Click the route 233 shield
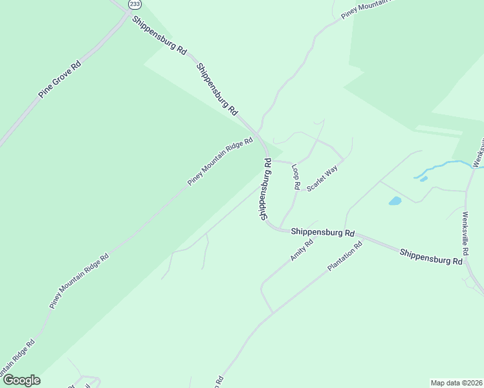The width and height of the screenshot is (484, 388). (x=135, y=4)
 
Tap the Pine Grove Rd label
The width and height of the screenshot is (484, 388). (x=59, y=79)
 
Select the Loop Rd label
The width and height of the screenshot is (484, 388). (x=296, y=177)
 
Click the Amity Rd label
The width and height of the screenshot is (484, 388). (x=302, y=250)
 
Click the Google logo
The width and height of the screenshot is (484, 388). (x=21, y=380)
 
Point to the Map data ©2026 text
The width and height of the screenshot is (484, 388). (x=457, y=383)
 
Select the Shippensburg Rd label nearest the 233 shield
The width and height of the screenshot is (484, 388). (x=159, y=34)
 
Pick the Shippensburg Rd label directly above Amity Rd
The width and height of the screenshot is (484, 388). (x=323, y=232)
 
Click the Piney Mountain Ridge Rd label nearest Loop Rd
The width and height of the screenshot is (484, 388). (x=220, y=163)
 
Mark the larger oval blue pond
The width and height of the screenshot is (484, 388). (x=395, y=201)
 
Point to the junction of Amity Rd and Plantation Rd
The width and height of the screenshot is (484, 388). (x=272, y=312)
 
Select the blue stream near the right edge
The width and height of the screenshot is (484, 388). (x=446, y=166)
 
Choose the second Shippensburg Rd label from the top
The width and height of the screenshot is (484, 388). (x=217, y=89)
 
